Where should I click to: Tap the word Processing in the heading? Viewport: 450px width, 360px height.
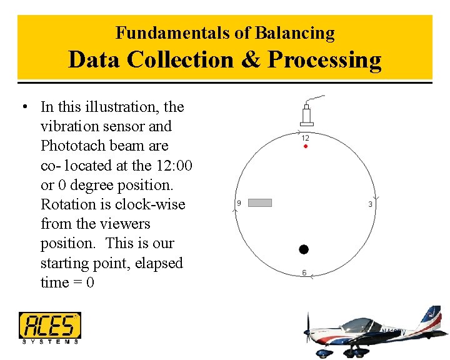324,60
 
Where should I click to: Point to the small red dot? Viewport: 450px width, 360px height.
305,146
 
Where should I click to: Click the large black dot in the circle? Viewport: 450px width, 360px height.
304,249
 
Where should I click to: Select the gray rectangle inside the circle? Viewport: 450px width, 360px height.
260,202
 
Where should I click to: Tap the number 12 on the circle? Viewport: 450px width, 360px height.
305,137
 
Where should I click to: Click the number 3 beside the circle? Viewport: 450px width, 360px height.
370,204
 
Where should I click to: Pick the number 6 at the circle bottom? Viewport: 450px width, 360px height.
304,272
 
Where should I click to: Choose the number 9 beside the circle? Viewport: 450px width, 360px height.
239,203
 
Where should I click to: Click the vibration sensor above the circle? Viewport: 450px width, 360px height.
307,115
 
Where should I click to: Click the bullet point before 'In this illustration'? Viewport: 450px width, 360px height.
23,106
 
